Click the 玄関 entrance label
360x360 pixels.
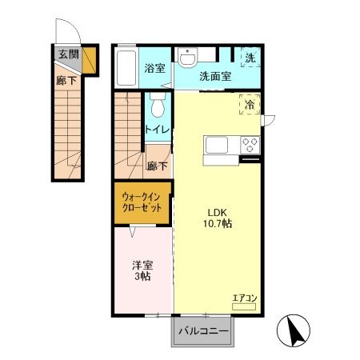click(x=69, y=54)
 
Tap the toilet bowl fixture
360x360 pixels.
click(x=158, y=105)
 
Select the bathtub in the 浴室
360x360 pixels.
click(x=126, y=68)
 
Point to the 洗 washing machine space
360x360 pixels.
click(x=250, y=58)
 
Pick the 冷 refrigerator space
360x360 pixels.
click(x=250, y=105)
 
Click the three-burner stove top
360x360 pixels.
click(x=250, y=145)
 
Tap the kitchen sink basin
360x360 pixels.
click(x=216, y=145)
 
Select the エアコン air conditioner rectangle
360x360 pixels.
click(x=244, y=306)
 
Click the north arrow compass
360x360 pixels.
click(x=294, y=330)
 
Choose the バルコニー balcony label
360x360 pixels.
click(x=203, y=331)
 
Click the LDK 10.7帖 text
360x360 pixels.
click(x=218, y=218)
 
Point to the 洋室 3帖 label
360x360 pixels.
click(x=142, y=270)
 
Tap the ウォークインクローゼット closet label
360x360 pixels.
click(x=142, y=202)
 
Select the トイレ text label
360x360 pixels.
click(x=158, y=130)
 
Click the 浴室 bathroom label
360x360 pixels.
click(x=154, y=68)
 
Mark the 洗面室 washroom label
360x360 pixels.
click(x=215, y=77)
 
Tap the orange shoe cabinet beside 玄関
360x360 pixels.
click(x=89, y=60)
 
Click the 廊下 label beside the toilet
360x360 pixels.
click(x=157, y=166)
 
